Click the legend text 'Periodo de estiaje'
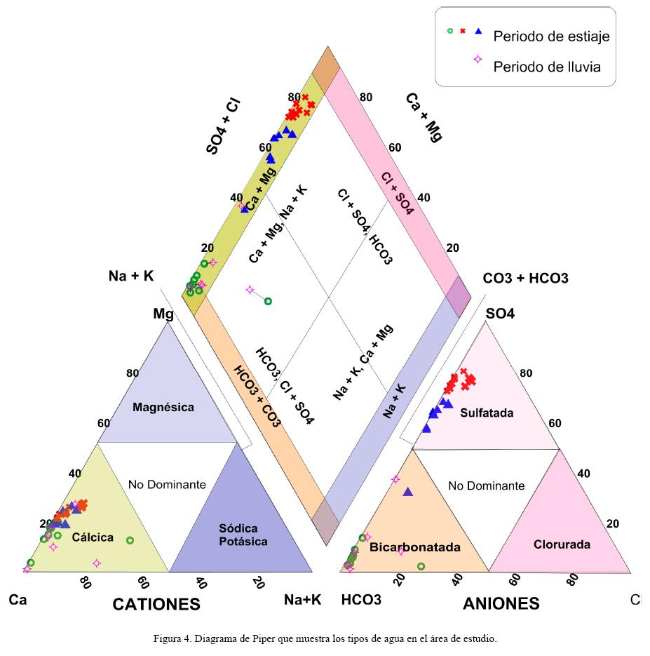(551, 36)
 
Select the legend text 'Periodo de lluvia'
(547, 67)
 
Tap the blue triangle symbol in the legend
(478, 31)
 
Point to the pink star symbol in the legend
(478, 59)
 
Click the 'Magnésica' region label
(163, 407)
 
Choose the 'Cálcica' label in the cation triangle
(93, 537)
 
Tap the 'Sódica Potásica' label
(238, 535)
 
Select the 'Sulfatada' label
(487, 413)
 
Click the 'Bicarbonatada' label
(405, 547)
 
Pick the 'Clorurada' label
(562, 544)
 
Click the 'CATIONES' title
(156, 604)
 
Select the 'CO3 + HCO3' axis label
(526, 279)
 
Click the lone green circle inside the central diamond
(267, 302)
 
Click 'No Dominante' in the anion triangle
(486, 486)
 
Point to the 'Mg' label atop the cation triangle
(163, 314)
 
